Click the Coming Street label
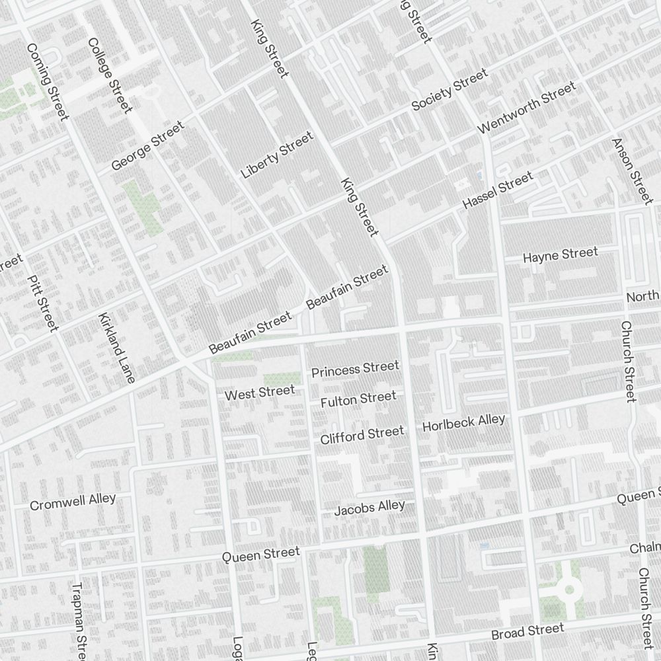coord(47,83)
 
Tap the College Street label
coord(110,75)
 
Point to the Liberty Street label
coord(277,155)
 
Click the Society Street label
coord(449,90)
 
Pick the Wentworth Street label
coord(527,106)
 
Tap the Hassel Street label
coord(498,191)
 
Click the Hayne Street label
coord(561,254)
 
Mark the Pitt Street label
coord(44,303)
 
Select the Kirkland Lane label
coord(116,348)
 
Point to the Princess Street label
coord(356,369)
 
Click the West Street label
coord(260,393)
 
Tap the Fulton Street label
coord(358,399)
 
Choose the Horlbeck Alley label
coord(463,422)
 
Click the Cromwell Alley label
coord(73,502)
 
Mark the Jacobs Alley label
coord(369,508)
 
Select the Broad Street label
coord(527,632)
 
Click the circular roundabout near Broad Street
coord(568,588)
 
